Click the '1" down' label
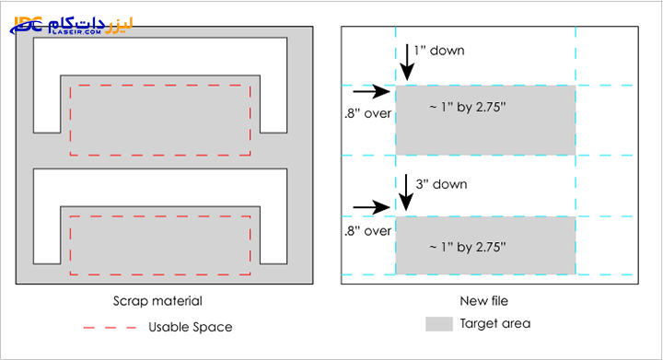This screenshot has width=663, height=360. click(439, 51)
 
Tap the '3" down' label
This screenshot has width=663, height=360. click(441, 184)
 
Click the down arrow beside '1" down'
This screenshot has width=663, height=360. click(407, 62)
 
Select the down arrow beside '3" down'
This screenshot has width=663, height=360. click(406, 192)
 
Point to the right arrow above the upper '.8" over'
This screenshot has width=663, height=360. click(371, 91)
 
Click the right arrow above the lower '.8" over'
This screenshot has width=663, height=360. click(371, 207)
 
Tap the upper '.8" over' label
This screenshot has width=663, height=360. click(367, 113)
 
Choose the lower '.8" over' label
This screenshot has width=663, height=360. click(367, 231)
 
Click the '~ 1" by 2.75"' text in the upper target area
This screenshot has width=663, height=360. click(468, 108)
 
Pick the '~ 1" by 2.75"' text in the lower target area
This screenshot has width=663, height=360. click(468, 247)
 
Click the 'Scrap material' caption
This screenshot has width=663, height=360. click(157, 301)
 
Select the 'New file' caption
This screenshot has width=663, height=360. click(484, 301)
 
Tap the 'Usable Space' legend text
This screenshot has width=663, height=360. click(191, 327)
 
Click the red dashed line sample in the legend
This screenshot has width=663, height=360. click(110, 328)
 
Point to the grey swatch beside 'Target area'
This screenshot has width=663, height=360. click(439, 324)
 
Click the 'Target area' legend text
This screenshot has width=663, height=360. click(495, 324)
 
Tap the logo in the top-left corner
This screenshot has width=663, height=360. click(72, 26)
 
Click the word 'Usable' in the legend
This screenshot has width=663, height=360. click(168, 327)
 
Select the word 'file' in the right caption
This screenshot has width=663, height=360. click(500, 301)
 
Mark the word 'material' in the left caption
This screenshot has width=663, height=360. click(179, 301)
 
